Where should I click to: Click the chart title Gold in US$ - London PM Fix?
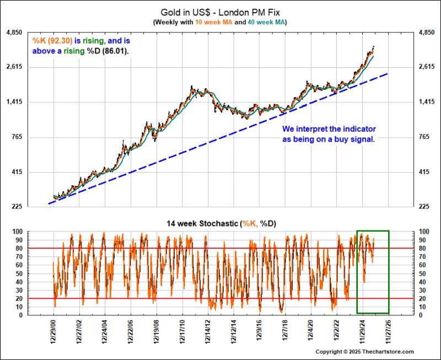tap(220, 12)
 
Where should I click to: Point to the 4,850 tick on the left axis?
tap(14, 33)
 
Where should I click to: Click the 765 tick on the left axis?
tap(17, 137)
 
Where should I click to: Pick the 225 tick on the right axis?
tap(425, 207)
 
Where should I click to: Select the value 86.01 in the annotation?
tap(119, 51)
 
